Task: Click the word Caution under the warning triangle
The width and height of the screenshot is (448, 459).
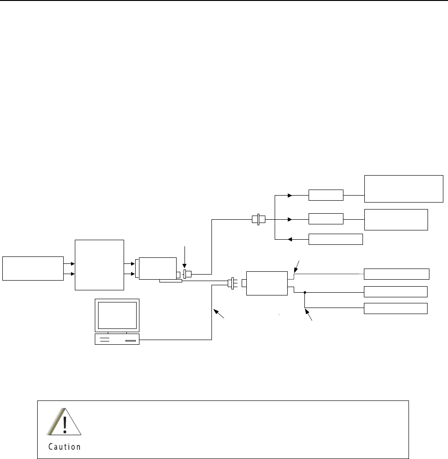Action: coord(65,447)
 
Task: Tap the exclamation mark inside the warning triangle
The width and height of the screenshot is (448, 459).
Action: coord(65,423)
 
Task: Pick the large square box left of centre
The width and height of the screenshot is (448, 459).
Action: coord(99,265)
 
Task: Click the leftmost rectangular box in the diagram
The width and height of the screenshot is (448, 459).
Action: coord(33,268)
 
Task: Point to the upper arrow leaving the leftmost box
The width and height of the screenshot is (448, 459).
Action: coord(69,263)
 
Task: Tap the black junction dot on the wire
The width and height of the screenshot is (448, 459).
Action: coord(305,293)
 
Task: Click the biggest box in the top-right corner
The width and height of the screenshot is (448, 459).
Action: coord(403,189)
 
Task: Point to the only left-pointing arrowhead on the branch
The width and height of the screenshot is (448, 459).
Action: coord(290,239)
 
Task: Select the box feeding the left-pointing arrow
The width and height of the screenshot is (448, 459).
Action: coord(336,239)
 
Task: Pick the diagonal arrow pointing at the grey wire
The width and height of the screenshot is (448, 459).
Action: coord(297,267)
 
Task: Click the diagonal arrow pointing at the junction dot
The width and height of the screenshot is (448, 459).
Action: coord(309,316)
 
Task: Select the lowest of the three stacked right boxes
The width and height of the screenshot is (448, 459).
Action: coord(395,308)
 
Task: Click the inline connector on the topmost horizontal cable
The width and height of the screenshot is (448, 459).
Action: coord(257,218)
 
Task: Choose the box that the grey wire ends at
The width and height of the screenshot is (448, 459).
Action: coord(396,274)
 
